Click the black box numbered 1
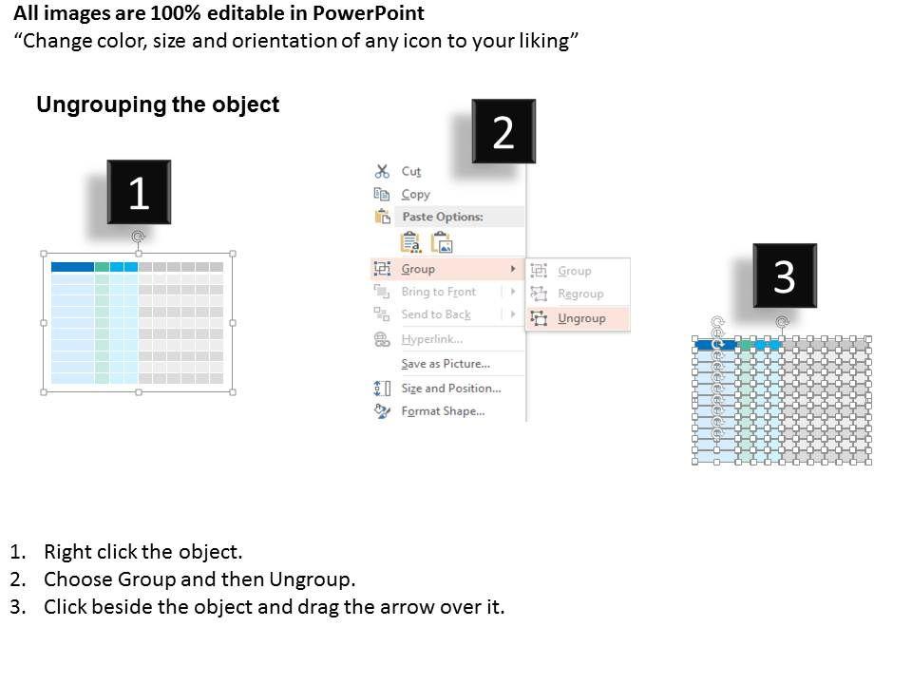click(139, 192)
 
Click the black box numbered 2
click(503, 131)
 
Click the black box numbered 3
click(785, 275)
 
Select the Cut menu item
click(410, 172)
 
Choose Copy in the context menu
click(415, 194)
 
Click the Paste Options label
click(443, 217)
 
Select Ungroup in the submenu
click(581, 318)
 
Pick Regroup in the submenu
click(580, 294)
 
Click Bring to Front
click(439, 292)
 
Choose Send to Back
click(436, 314)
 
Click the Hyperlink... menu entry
click(432, 339)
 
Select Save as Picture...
click(446, 364)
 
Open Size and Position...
click(450, 388)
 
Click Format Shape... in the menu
click(443, 411)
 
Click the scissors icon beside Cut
click(382, 171)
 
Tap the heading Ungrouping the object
click(158, 104)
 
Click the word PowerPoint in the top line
click(369, 12)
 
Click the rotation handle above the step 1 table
click(138, 237)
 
